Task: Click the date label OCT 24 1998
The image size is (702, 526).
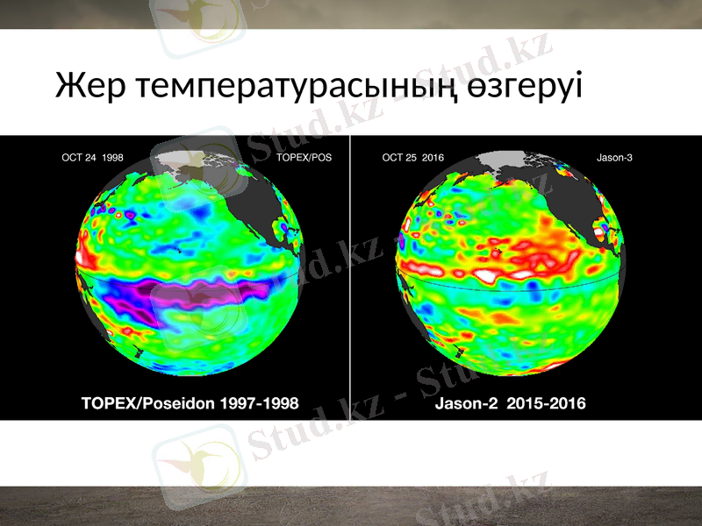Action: pyautogui.click(x=92, y=159)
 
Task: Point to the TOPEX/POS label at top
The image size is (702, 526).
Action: pyautogui.click(x=304, y=159)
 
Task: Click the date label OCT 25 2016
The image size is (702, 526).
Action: pyautogui.click(x=413, y=159)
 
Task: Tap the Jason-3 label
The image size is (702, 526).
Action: pyautogui.click(x=614, y=159)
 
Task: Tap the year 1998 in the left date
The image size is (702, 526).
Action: pyautogui.click(x=112, y=159)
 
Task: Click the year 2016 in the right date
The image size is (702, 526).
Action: pyautogui.click(x=433, y=159)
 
